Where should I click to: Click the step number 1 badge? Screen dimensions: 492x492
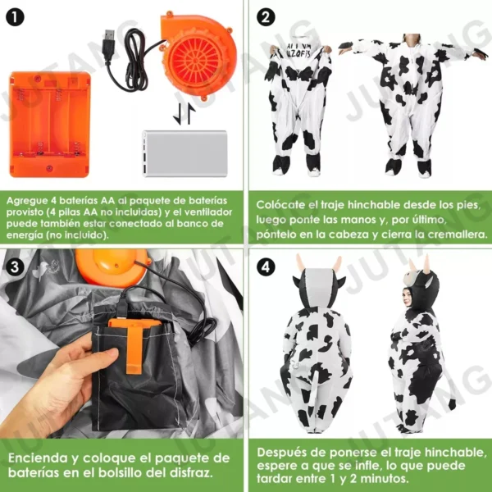coord(17,17)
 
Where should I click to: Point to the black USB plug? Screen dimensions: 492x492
coord(108,38)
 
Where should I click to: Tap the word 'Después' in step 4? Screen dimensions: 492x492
coord(283,452)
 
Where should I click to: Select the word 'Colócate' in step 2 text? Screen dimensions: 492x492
coord(283,204)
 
